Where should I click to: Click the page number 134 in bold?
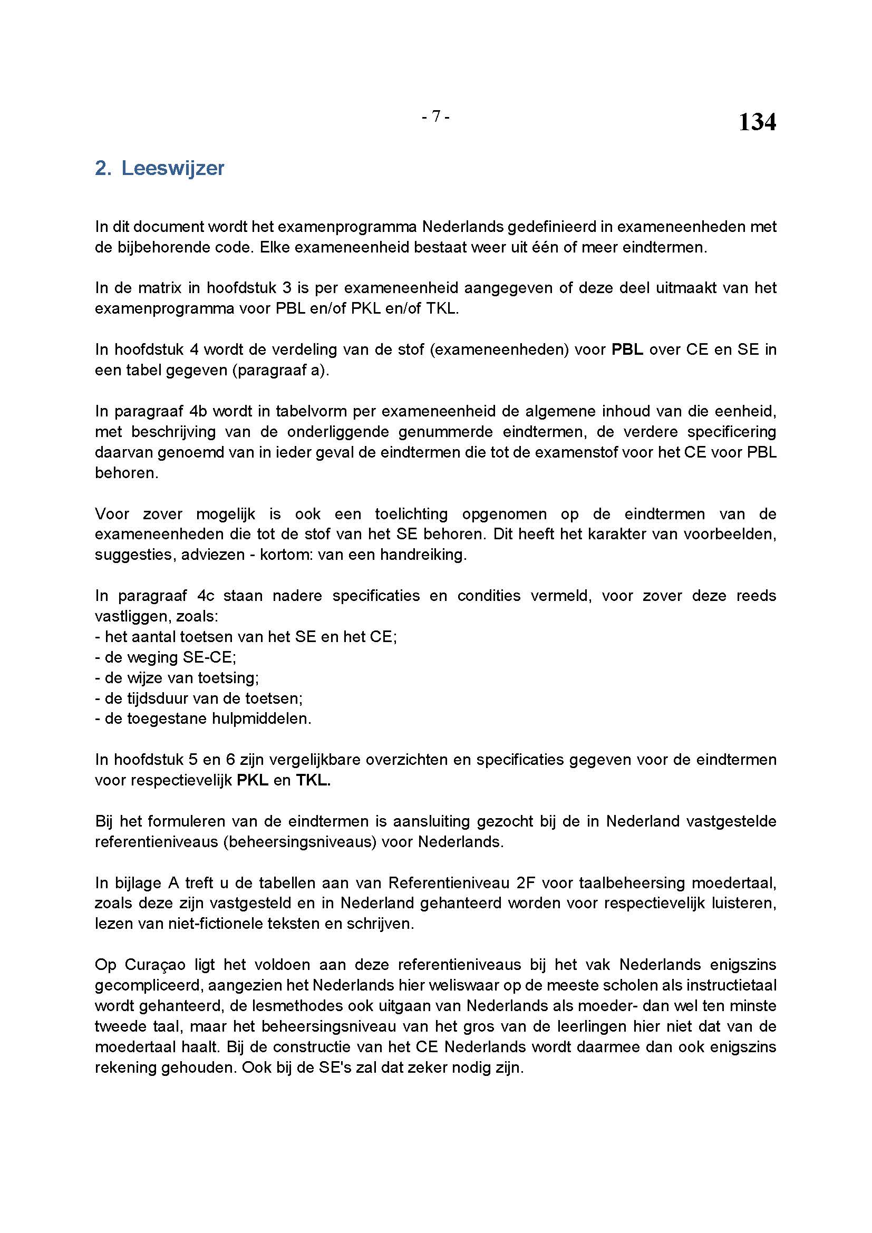[757, 122]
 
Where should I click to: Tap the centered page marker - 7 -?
[435, 116]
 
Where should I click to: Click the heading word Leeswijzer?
[172, 168]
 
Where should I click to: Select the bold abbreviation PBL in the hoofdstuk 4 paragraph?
[627, 349]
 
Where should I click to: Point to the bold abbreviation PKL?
[253, 780]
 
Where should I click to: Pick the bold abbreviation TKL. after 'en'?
[313, 780]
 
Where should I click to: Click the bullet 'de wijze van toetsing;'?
[177, 678]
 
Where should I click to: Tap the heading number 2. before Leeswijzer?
[103, 168]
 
